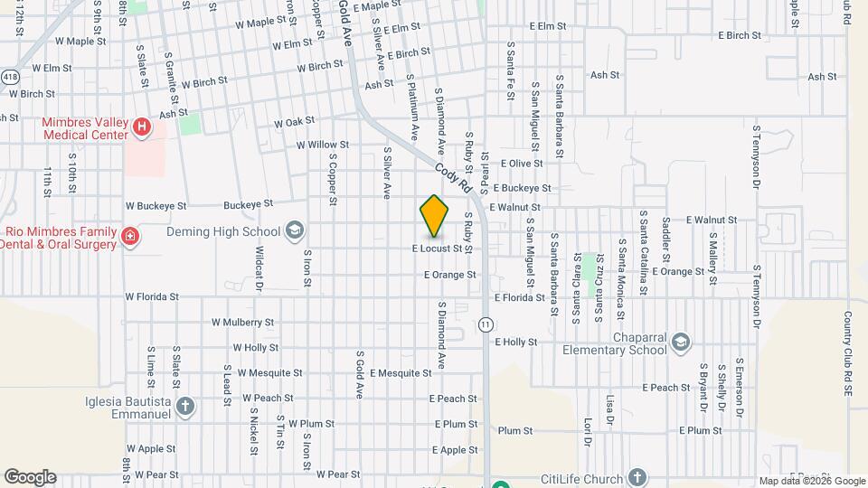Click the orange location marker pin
click(434, 216)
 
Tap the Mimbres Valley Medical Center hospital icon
click(141, 128)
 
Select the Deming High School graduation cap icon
click(294, 231)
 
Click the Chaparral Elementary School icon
click(680, 342)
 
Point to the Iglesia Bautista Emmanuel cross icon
click(185, 406)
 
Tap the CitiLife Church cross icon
click(637, 478)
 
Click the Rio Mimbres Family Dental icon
click(130, 237)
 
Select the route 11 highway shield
click(486, 324)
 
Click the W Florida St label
click(152, 296)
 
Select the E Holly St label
click(516, 343)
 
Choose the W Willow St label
click(322, 145)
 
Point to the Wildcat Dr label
click(259, 267)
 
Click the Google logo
click(30, 477)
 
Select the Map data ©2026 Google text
click(811, 481)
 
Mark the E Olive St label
click(522, 164)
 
